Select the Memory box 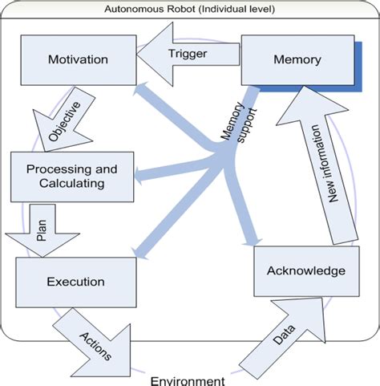(x=297, y=60)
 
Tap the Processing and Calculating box (x=71, y=177)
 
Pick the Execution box (x=76, y=282)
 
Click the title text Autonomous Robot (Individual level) (x=189, y=8)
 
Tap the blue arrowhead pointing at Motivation (x=144, y=88)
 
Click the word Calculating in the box (x=71, y=185)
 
